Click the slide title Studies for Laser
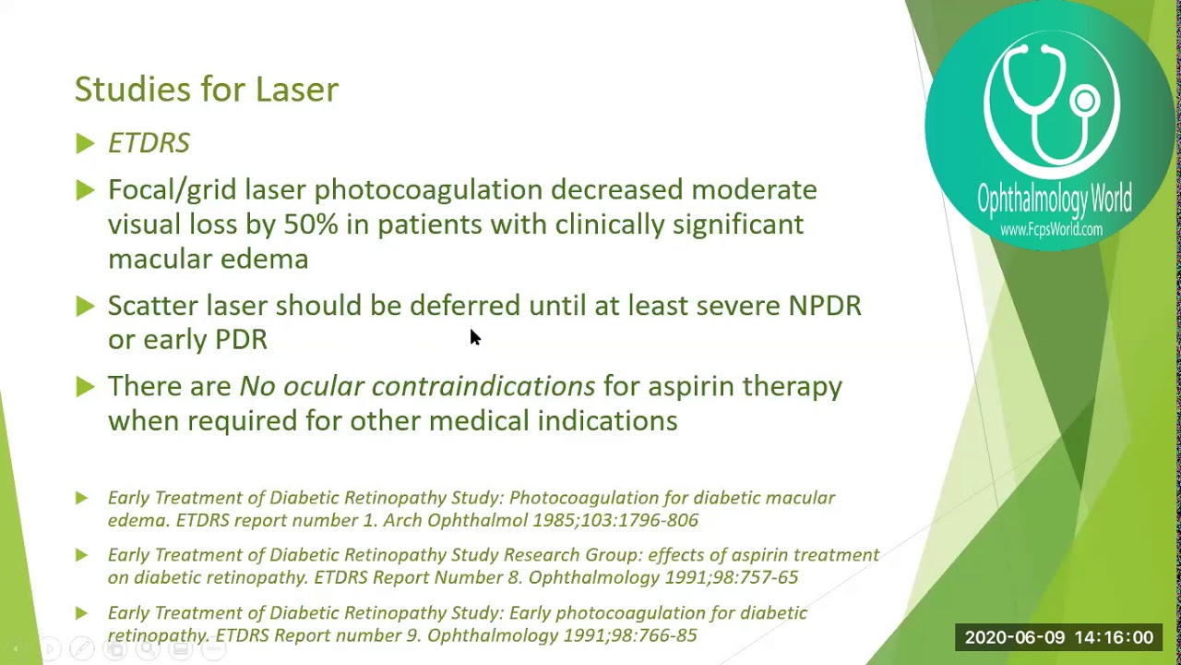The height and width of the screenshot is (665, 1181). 206,90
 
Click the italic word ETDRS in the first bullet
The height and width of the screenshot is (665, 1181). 149,143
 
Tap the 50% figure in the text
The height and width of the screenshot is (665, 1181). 310,224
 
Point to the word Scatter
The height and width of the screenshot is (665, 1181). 153,306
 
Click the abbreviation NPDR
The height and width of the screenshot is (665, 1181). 824,306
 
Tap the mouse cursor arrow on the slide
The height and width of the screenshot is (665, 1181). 474,337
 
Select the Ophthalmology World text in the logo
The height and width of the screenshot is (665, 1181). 1054,199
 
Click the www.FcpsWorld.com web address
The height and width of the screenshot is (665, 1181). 1051,229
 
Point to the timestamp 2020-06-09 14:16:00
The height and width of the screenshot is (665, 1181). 1058,637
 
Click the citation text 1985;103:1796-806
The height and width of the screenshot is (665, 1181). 615,521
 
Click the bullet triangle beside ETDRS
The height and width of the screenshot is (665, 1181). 85,143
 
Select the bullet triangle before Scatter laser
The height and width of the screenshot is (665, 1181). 85,306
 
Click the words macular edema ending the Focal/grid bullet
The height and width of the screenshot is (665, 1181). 208,260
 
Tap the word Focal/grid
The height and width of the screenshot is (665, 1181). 172,190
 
